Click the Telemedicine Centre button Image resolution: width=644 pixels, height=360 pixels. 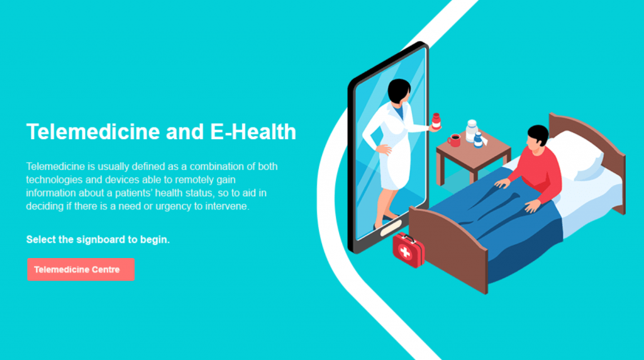[x=80, y=269]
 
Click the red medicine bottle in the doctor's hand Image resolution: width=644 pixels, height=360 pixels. [x=436, y=120]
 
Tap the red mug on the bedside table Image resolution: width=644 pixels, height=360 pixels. [x=453, y=140]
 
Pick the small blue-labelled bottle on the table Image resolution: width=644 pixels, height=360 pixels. [x=479, y=140]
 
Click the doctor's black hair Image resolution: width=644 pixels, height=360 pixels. [x=399, y=91]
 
